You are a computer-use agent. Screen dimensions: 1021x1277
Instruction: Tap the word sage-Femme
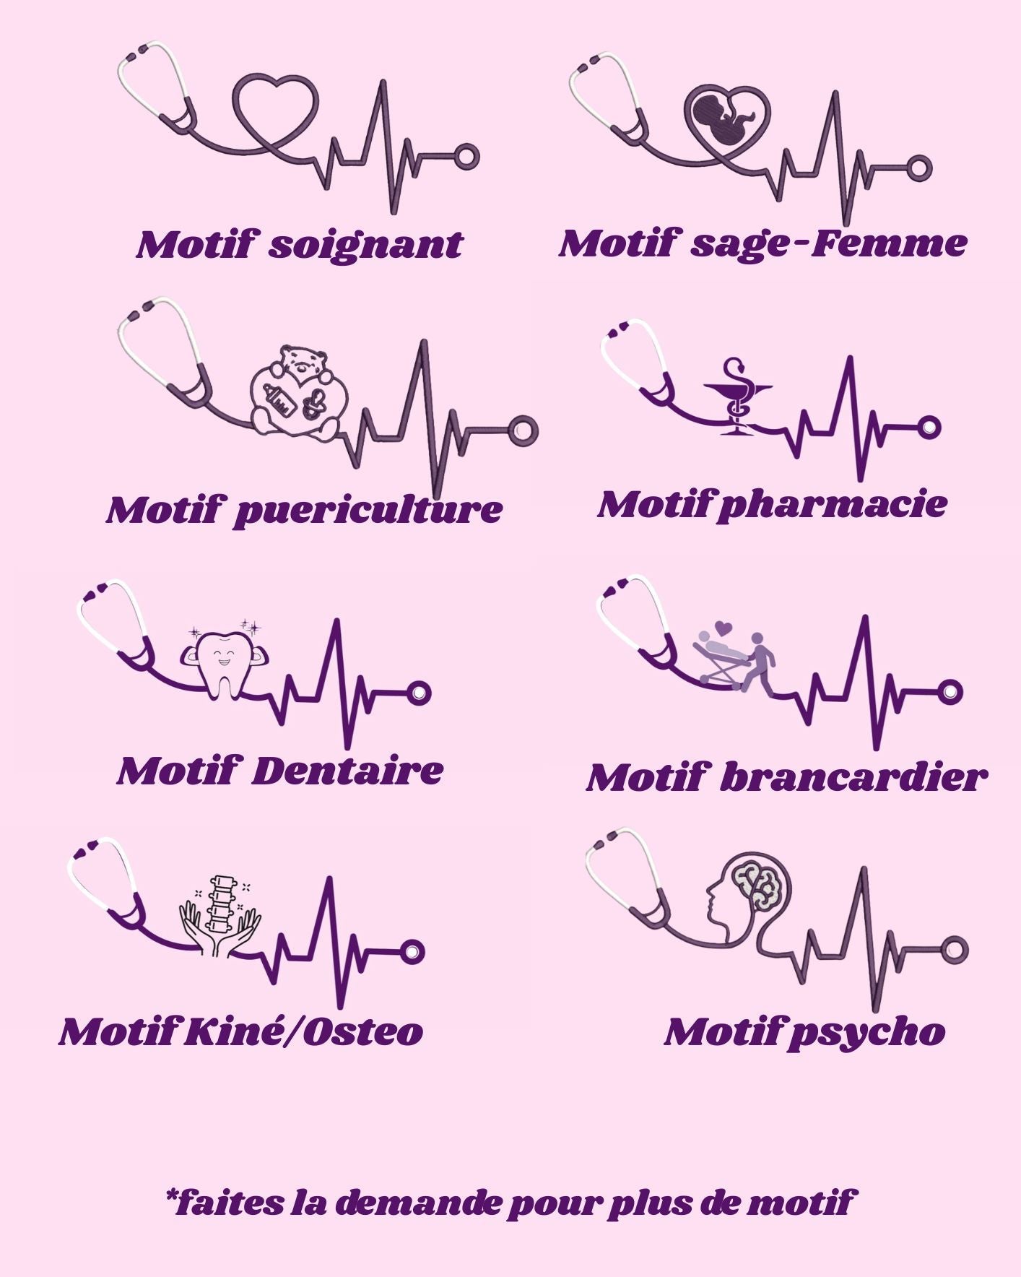(x=829, y=244)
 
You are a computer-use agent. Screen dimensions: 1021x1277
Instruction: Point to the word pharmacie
(x=832, y=505)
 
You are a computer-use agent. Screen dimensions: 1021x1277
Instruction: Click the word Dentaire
(x=347, y=771)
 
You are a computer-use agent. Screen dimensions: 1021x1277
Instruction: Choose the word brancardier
(x=853, y=778)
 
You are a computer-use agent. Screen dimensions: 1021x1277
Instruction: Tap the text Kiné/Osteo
(x=303, y=1031)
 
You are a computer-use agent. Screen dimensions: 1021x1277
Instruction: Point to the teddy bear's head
(x=303, y=363)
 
